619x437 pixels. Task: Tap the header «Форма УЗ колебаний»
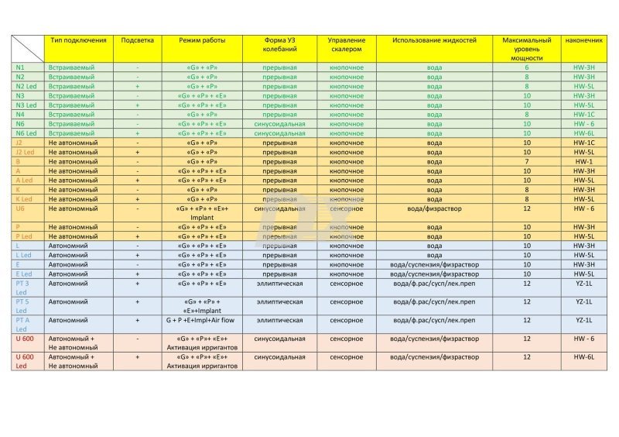(279, 44)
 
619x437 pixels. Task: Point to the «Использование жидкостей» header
(435, 40)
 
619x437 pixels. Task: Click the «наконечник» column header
(583, 40)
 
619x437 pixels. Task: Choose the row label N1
(21, 68)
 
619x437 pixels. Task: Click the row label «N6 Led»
(26, 133)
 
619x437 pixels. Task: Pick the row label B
(18, 161)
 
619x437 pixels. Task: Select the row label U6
(21, 208)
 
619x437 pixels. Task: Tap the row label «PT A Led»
(23, 324)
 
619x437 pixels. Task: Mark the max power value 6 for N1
(526, 68)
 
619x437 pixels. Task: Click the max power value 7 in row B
(526, 161)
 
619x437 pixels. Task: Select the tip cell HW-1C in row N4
(583, 115)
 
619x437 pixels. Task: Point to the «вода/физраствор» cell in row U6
(435, 208)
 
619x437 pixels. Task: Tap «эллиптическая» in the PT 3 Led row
(279, 283)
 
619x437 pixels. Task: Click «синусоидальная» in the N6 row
(279, 124)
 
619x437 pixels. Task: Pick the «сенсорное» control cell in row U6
(346, 208)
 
